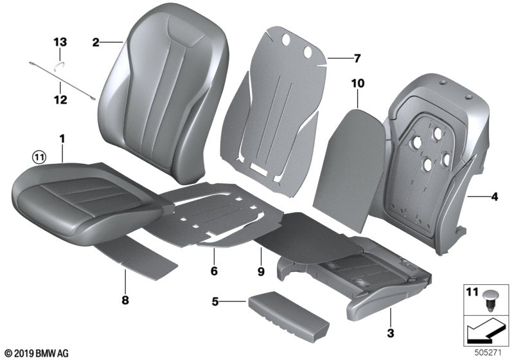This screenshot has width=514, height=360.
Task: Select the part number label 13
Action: click(x=60, y=42)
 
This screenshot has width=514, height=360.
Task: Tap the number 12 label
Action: click(x=60, y=100)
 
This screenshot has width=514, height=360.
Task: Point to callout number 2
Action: click(x=96, y=42)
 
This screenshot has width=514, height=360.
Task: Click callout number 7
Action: click(x=357, y=58)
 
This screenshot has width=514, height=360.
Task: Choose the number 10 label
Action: click(x=357, y=83)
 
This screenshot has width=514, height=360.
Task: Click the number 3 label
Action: click(x=391, y=334)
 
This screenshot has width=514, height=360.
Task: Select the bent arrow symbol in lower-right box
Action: click(x=485, y=333)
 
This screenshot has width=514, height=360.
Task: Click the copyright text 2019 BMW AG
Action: click(x=36, y=354)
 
